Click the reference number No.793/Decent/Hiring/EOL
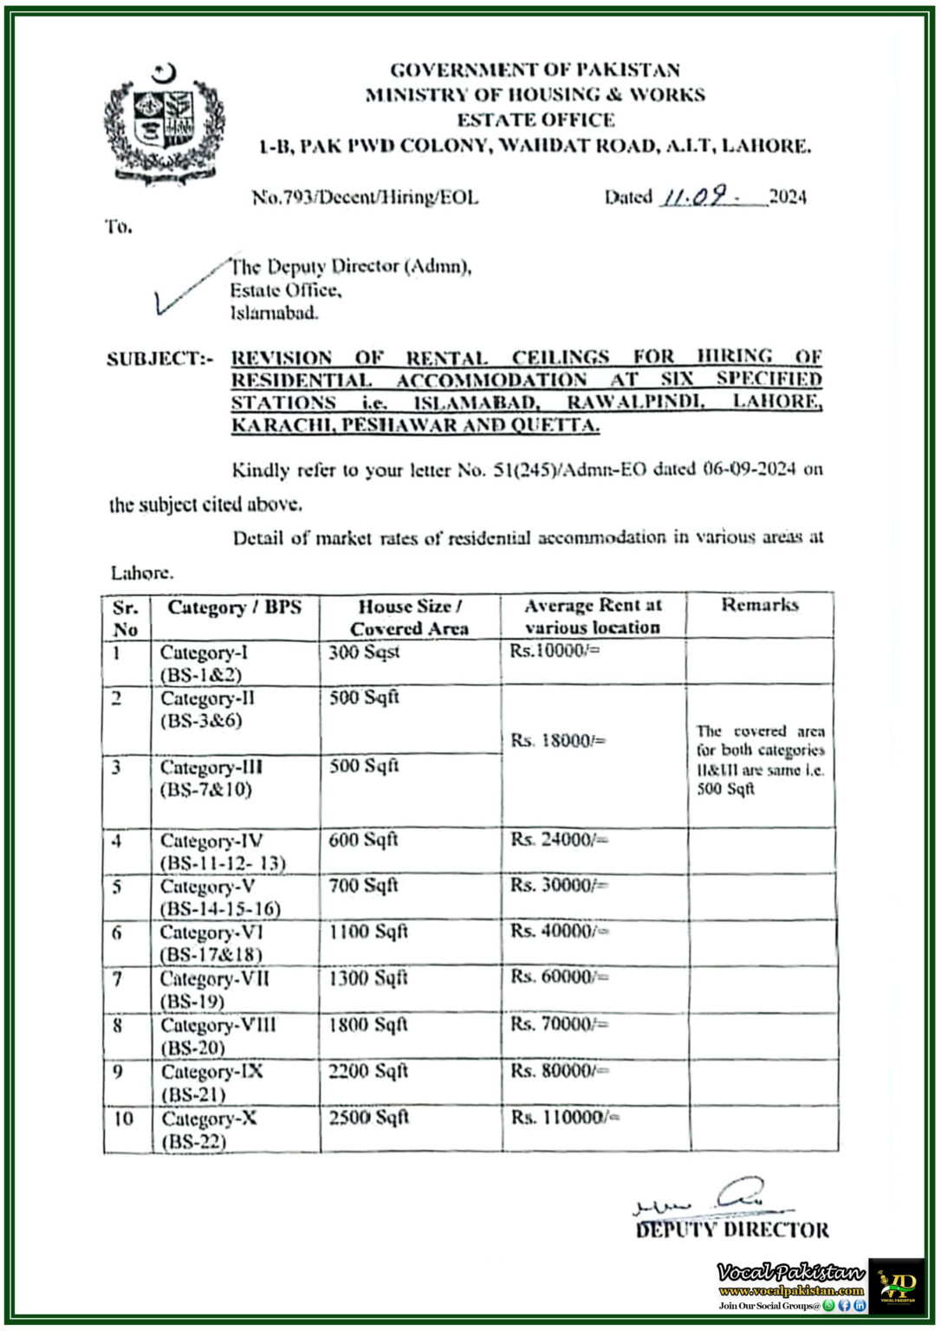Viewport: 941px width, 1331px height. (365, 198)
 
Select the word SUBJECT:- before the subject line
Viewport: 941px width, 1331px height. (159, 359)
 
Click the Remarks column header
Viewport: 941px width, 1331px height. (760, 605)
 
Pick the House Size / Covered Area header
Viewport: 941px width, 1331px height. (409, 617)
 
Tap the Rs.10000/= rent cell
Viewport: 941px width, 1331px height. (555, 652)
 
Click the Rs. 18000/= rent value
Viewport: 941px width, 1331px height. (558, 741)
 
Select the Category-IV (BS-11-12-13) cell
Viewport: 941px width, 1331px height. (223, 851)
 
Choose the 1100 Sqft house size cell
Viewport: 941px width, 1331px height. (368, 932)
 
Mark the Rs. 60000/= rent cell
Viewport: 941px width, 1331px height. (559, 977)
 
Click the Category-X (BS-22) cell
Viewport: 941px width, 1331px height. (209, 1129)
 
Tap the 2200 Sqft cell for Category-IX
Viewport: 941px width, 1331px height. (368, 1071)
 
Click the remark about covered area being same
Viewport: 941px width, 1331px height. (760, 760)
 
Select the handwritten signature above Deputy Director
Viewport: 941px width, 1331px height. (711, 1198)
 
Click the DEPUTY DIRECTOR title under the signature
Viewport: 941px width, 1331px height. (732, 1230)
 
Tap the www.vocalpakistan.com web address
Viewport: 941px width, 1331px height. (791, 1290)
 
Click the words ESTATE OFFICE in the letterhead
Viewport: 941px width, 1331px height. (535, 120)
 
